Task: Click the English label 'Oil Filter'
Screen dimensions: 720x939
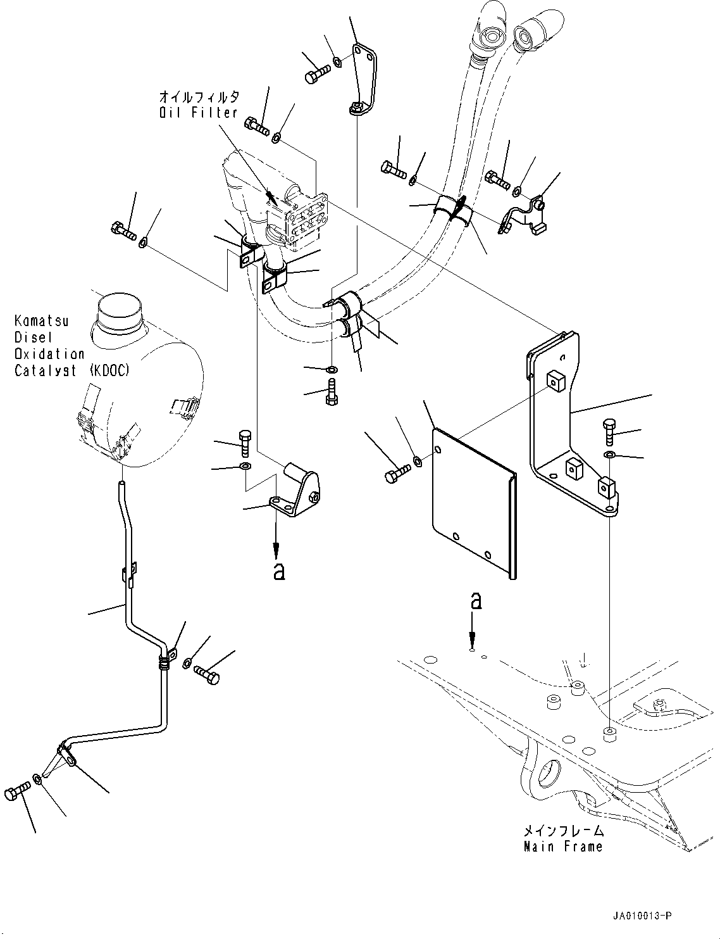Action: pyautogui.click(x=198, y=113)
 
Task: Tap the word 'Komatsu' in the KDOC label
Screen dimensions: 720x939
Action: pyautogui.click(x=41, y=321)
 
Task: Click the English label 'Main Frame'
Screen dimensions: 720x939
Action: pyautogui.click(x=563, y=846)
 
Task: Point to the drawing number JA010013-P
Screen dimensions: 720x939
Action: pyautogui.click(x=642, y=915)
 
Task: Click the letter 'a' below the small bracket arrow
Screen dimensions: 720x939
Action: pyautogui.click(x=279, y=571)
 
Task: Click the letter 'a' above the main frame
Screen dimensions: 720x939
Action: pyautogui.click(x=476, y=601)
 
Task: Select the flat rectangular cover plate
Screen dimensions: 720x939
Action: pyautogui.click(x=475, y=503)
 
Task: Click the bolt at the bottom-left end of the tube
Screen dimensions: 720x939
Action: pyautogui.click(x=17, y=793)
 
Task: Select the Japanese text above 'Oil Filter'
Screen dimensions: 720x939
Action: pyautogui.click(x=199, y=96)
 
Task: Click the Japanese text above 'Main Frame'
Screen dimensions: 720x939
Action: pyautogui.click(x=563, y=830)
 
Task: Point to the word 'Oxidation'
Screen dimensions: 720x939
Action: pyautogui.click(x=49, y=354)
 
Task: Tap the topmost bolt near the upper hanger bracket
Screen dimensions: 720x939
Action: pyautogui.click(x=317, y=73)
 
